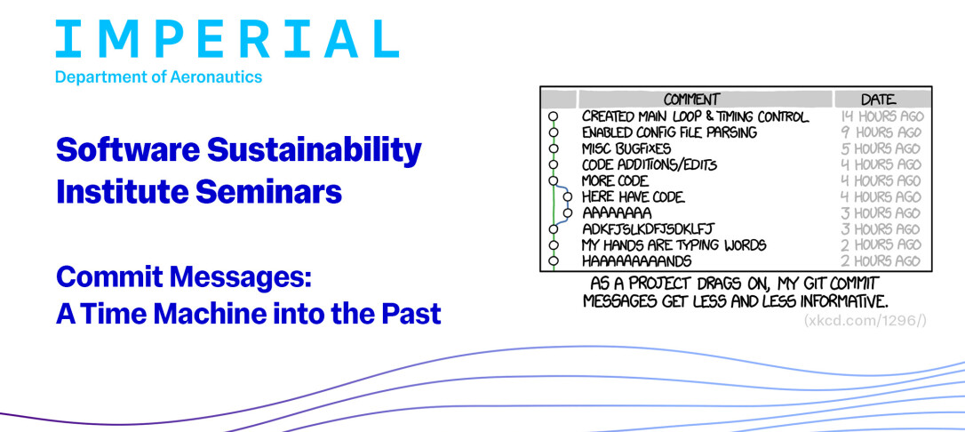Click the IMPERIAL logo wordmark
coord(227,39)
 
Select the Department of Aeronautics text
coord(159,77)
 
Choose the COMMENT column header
coord(691,99)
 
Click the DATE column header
coord(878,99)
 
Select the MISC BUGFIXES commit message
coord(626,148)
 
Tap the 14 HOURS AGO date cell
coord(881,116)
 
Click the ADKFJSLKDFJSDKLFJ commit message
coord(648,229)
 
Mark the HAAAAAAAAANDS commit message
coord(636,261)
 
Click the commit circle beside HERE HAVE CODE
coord(567,197)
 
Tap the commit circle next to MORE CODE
coord(553,181)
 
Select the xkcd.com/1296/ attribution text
coord(865,321)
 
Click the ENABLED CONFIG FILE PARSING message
coord(669,132)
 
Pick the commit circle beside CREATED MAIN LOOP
coord(553,116)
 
